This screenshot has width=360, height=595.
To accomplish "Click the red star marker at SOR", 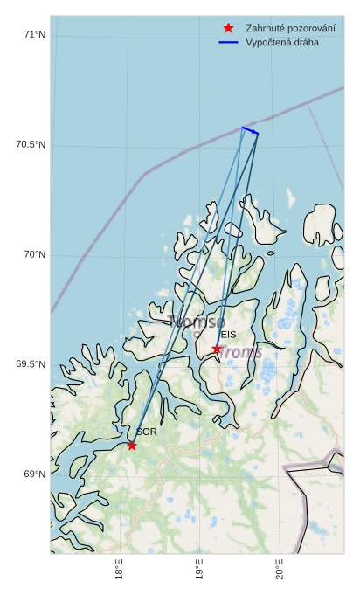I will coord(132,446).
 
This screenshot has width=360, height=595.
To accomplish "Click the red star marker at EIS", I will coord(217,349).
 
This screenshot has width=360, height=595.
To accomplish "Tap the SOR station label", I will coord(146,432).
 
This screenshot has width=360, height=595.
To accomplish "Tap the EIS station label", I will coord(228,335).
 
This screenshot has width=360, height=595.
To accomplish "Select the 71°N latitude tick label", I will coord(34,35).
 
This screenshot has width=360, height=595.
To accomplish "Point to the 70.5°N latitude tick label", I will coord(31,144).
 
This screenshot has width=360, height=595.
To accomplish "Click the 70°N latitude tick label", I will coord(34,255).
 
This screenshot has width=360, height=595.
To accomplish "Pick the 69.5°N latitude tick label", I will coord(31,364).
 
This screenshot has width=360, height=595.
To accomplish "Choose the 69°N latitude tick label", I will coord(34,474).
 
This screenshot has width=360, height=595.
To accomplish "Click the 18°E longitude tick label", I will coord(119,571).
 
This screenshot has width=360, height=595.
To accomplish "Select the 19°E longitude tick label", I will coord(199,571).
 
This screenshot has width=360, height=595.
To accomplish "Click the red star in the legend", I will coord(230,28).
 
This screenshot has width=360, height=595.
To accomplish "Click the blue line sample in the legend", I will coord(230,42).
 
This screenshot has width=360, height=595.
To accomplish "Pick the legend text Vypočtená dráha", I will coord(282,42).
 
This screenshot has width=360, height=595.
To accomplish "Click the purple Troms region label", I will coord(239,351).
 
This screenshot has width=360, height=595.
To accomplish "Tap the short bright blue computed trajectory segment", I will coord(250,131).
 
